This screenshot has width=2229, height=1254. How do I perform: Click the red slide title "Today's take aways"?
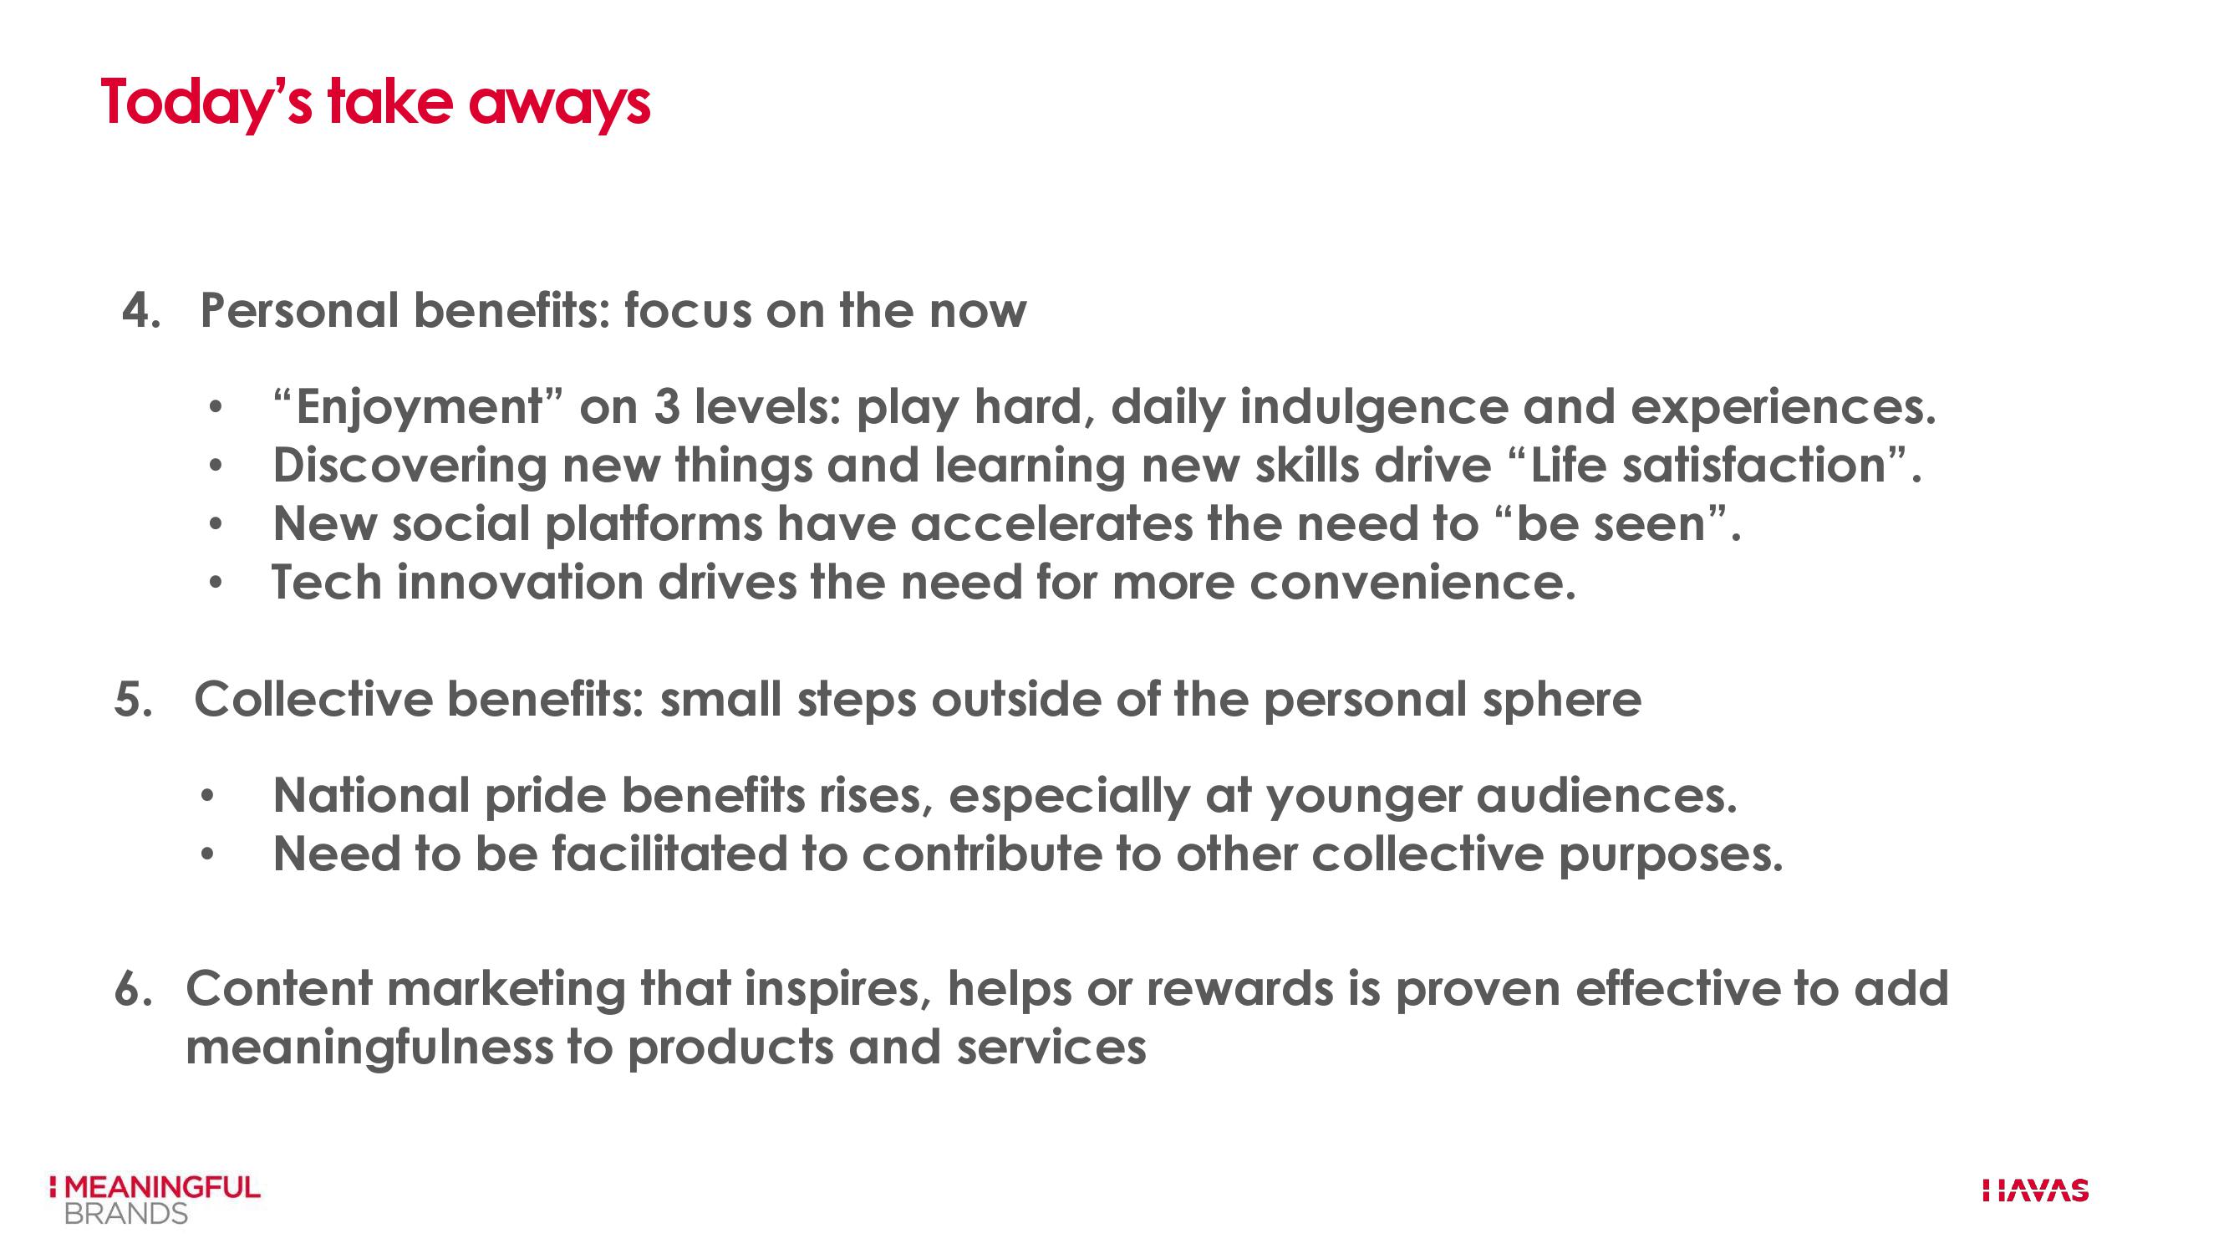point(375,103)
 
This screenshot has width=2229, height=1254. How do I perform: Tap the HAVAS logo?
point(2035,1190)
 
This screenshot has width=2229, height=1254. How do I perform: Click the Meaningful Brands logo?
point(155,1200)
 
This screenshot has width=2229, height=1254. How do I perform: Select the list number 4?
point(141,310)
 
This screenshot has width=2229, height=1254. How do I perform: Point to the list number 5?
point(133,698)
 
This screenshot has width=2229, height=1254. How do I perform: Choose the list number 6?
point(133,988)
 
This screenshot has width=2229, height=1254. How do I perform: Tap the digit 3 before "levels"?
point(666,407)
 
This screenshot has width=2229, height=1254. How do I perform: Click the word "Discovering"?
point(410,466)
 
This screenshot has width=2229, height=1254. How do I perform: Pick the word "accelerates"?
point(1051,523)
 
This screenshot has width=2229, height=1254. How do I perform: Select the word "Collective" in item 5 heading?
point(313,698)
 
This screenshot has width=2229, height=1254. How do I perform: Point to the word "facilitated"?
point(669,854)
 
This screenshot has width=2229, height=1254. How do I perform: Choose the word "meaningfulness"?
point(369,1048)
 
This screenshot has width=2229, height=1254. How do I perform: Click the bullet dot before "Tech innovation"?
point(216,584)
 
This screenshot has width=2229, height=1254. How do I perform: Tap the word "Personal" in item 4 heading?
point(299,310)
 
